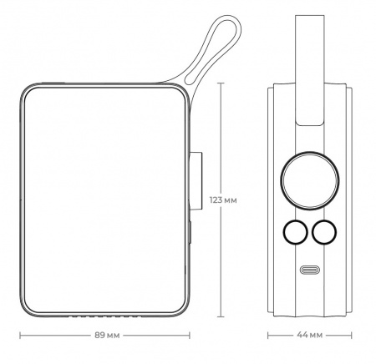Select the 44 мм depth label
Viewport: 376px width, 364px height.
[x=310, y=336]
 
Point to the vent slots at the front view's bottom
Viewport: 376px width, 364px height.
[x=106, y=317]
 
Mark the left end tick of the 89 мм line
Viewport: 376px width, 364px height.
[x=18, y=336]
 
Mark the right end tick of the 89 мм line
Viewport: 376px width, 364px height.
[x=195, y=336]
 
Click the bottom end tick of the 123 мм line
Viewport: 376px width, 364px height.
[x=221, y=318]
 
